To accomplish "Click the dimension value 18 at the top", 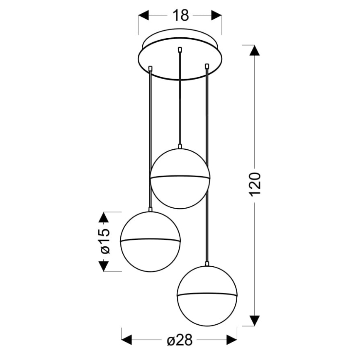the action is coord(181,16).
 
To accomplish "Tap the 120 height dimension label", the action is coord(255,184).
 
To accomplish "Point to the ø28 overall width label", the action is coord(180,340).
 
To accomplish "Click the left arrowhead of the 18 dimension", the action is coord(144,15).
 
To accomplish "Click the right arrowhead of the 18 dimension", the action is coord(216,15).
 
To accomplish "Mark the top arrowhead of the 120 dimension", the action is coord(254,51).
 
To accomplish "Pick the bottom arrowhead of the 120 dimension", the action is coord(254,321).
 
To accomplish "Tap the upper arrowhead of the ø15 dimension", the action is coord(104,217).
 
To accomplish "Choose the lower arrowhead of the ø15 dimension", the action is coord(104,266).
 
